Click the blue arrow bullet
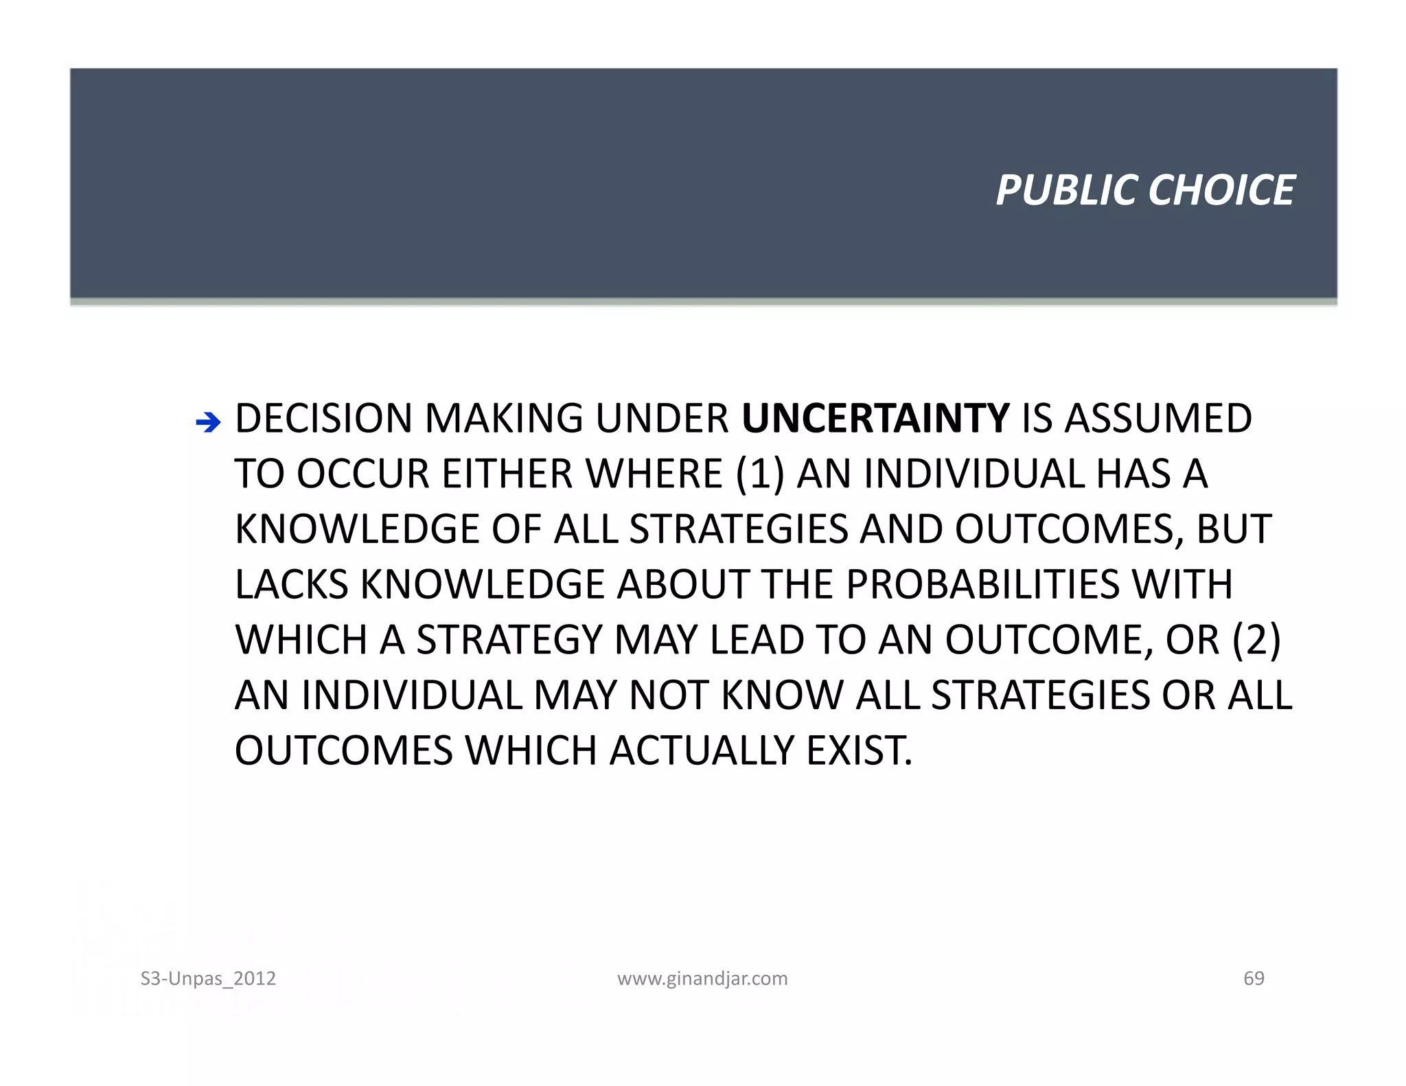tap(208, 422)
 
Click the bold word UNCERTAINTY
tap(875, 418)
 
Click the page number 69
tap(1254, 978)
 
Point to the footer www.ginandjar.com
tap(702, 978)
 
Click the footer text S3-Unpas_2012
tap(208, 978)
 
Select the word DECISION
tap(324, 418)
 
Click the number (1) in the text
tap(760, 474)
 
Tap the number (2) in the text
tap(1256, 640)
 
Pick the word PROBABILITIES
tap(982, 584)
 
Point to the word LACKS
tap(292, 584)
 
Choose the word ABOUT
tap(683, 584)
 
